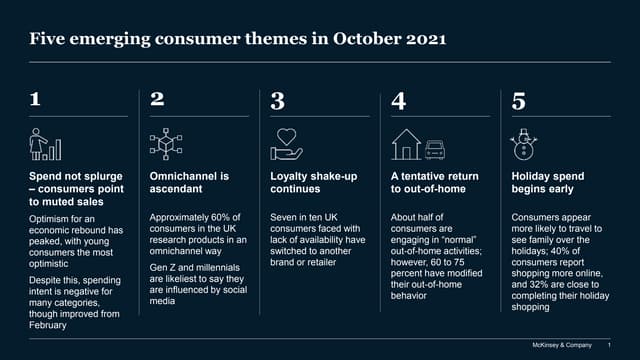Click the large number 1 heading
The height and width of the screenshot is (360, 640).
click(36, 101)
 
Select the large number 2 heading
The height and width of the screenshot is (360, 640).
click(157, 101)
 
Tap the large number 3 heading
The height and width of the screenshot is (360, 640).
click(278, 101)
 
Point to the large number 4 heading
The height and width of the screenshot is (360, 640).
click(398, 101)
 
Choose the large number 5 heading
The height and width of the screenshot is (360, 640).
click(518, 101)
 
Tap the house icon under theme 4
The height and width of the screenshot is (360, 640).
click(406, 144)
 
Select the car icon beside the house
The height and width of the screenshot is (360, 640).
click(434, 148)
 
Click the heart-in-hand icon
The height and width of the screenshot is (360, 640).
click(286, 143)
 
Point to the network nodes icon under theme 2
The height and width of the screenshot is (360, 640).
click(165, 143)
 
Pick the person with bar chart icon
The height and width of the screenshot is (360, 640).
click(46, 144)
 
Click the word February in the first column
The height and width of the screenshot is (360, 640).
click(50, 326)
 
